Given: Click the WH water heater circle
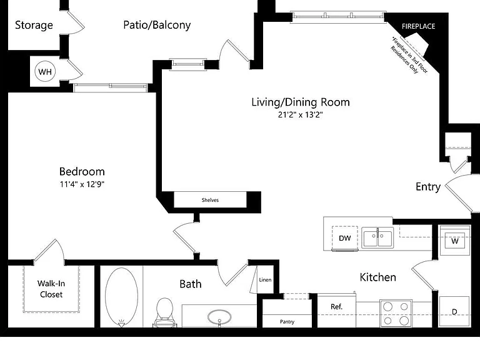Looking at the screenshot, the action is (45, 72).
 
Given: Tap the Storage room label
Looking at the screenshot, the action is (34, 26).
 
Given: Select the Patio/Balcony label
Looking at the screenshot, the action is (157, 25).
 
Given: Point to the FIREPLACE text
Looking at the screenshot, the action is (419, 26).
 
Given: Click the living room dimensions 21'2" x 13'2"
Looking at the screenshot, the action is (300, 115).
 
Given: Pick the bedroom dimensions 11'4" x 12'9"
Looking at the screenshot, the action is (82, 184).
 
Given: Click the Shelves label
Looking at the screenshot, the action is (210, 200).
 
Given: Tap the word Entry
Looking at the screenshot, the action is (428, 187).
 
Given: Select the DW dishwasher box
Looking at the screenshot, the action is (345, 238).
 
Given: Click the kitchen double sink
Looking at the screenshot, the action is (377, 237).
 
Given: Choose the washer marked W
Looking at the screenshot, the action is (455, 241).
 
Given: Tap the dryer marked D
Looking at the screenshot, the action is (454, 311).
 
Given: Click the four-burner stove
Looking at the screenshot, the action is (396, 313).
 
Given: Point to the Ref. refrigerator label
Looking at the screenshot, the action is (336, 307).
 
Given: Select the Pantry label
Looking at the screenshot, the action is (287, 322).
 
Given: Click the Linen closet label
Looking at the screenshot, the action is (265, 280).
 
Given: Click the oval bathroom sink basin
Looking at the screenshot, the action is (219, 317).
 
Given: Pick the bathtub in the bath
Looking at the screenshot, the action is (121, 297).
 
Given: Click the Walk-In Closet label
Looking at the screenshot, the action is (51, 289).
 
